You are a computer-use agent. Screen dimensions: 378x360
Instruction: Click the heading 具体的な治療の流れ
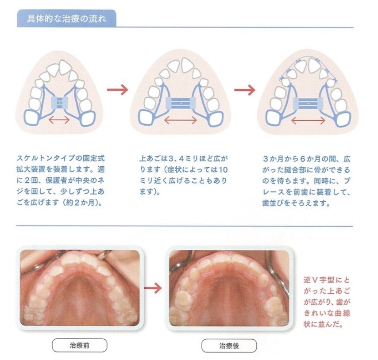click(x=66, y=19)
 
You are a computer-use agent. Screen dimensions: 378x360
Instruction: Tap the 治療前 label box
click(x=80, y=345)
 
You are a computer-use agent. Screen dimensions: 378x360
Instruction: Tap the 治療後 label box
click(x=229, y=346)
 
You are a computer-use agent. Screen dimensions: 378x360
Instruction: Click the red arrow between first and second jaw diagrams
click(x=117, y=90)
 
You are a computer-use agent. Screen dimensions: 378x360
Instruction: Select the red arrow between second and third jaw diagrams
click(x=244, y=90)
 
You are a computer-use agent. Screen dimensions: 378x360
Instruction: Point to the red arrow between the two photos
click(x=153, y=288)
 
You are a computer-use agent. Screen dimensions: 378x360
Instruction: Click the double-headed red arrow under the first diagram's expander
click(x=59, y=120)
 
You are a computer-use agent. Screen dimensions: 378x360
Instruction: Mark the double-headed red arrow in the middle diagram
click(x=181, y=120)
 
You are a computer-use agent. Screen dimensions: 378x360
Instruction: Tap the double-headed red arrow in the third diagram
click(x=309, y=120)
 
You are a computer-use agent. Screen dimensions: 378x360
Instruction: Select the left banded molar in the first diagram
click(x=33, y=118)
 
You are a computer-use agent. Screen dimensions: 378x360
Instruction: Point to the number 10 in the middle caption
click(x=223, y=170)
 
